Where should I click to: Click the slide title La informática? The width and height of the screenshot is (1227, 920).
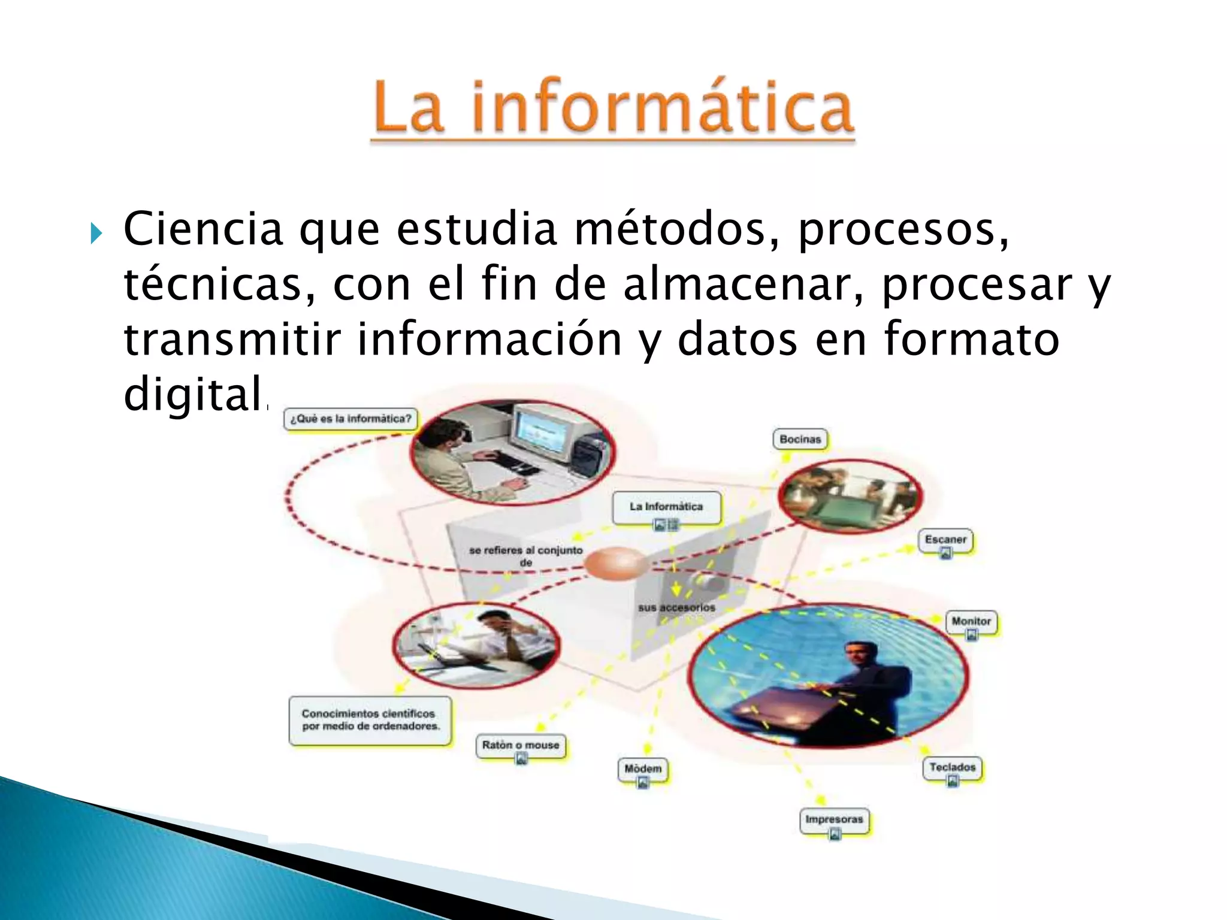612,108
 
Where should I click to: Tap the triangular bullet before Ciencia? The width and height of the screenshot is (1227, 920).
96,233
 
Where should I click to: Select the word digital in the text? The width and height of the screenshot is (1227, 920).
193,394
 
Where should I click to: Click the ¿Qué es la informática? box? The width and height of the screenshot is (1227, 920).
350,419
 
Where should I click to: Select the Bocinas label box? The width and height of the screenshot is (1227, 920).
800,439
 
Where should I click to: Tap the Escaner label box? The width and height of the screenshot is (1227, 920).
945,540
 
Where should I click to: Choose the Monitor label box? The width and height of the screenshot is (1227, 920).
971,621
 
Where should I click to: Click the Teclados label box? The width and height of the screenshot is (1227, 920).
952,767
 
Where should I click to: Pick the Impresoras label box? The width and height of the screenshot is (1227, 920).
834,819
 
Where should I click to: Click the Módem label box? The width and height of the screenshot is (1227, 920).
643,768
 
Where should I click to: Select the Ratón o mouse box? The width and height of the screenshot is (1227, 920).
521,745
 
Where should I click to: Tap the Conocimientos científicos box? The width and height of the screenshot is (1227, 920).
370,720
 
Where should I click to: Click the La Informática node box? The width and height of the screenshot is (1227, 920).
666,507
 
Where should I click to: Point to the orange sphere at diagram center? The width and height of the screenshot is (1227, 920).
616,563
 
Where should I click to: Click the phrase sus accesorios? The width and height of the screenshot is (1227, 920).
676,607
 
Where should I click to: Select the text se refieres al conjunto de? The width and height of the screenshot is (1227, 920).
525,556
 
